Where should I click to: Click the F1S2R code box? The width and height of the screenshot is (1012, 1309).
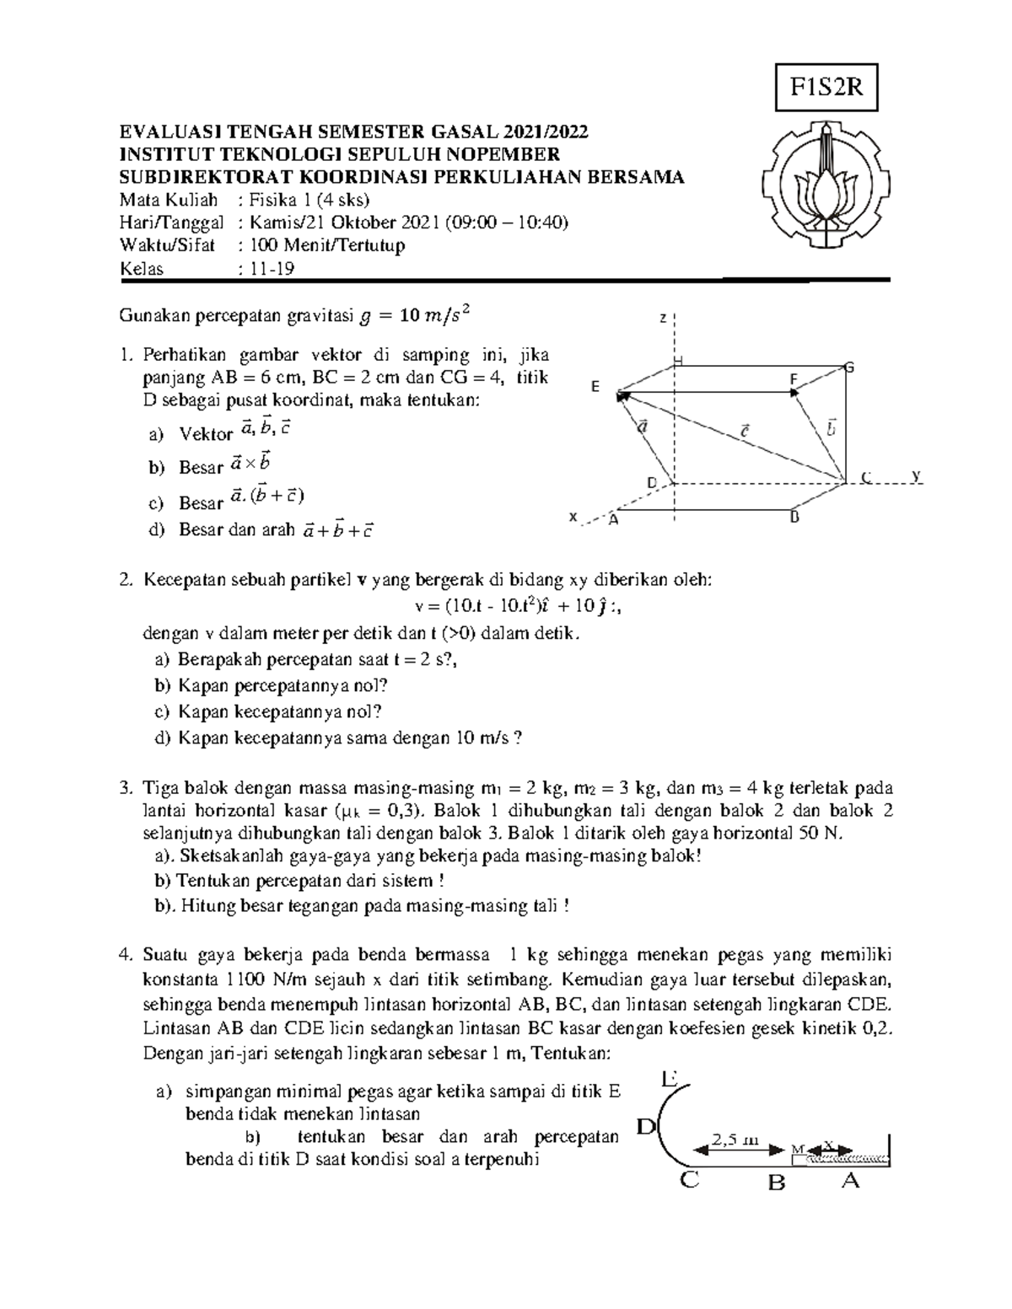click(x=826, y=87)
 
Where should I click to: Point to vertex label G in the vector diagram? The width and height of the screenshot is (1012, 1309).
click(x=850, y=367)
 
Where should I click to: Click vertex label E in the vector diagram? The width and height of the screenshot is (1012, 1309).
click(x=595, y=387)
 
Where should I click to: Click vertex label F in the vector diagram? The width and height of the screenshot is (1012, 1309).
click(x=793, y=380)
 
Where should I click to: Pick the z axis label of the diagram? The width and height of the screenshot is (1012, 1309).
click(x=663, y=319)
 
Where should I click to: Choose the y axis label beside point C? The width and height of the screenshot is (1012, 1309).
click(x=917, y=476)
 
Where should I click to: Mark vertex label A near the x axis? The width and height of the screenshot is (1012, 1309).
click(x=613, y=520)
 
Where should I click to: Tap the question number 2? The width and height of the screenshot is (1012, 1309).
click(x=125, y=580)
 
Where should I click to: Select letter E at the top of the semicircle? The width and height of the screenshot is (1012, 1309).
click(x=671, y=1078)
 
